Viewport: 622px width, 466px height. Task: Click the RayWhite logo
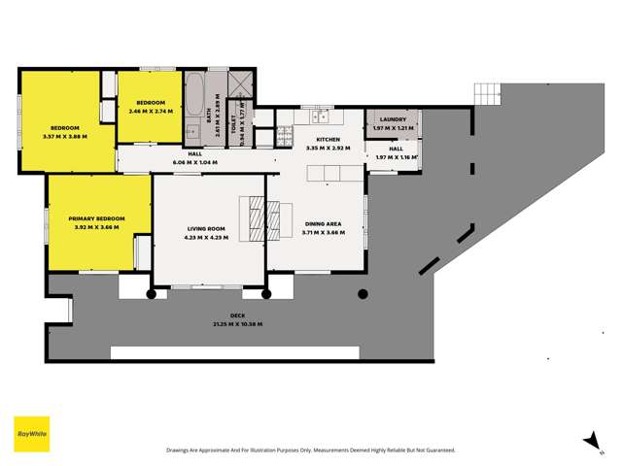coord(31,433)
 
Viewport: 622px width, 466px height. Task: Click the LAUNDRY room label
coord(393,120)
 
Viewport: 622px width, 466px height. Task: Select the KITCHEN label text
coord(327,140)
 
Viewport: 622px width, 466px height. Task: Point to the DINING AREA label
coord(323,223)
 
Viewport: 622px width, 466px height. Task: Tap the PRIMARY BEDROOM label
coord(97,218)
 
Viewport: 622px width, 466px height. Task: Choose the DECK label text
coord(237,316)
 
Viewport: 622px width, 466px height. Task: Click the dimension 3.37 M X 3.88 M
coord(66,137)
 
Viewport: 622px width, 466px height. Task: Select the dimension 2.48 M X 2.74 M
coord(150,111)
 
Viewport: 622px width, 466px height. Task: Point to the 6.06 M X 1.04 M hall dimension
coord(194,162)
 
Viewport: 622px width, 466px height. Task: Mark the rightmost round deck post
coord(363,293)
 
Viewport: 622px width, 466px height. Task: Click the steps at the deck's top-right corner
coord(487,93)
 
